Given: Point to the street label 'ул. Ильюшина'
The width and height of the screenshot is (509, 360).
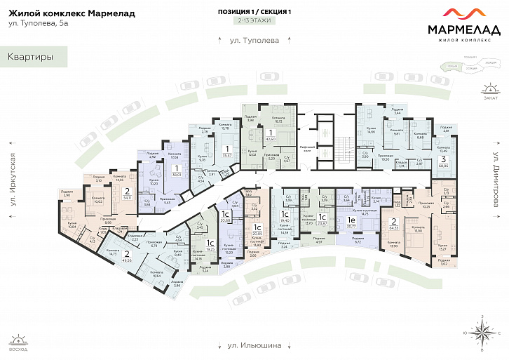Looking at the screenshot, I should tap(254, 345).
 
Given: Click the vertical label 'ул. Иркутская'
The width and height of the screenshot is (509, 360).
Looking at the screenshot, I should tap(11, 181).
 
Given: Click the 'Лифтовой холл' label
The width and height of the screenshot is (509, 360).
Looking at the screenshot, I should tap(308, 148).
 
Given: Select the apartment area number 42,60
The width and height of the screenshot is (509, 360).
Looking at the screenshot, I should tap(270, 139).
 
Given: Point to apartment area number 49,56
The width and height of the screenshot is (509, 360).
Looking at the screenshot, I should tap(127, 259).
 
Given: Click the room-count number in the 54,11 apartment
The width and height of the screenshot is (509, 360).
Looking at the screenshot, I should tap(126, 190).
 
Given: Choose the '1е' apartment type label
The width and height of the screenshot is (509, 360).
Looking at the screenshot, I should tap(351, 219).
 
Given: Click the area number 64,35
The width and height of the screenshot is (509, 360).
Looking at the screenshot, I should tap(393, 227).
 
